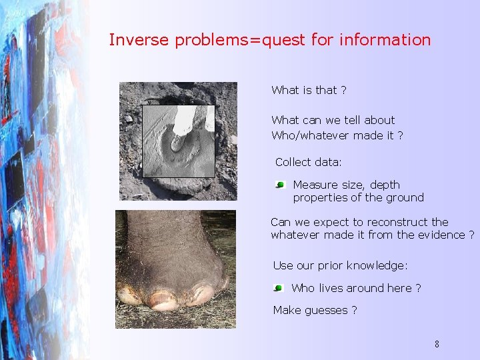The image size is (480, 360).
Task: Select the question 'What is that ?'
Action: click(309, 90)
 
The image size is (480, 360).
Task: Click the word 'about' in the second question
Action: click(379, 120)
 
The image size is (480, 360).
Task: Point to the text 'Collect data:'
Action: click(308, 162)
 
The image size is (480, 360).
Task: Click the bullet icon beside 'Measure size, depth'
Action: click(281, 185)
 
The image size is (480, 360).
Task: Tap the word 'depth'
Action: click(385, 185)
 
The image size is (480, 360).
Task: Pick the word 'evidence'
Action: click(443, 235)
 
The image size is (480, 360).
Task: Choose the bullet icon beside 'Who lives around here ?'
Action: click(278, 289)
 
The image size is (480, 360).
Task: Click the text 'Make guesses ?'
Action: click(315, 310)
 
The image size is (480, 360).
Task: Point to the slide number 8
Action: click(437, 345)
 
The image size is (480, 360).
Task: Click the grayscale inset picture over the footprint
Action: click(179, 141)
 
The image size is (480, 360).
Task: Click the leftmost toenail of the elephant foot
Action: click(129, 295)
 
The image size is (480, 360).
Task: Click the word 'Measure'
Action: click(315, 185)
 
